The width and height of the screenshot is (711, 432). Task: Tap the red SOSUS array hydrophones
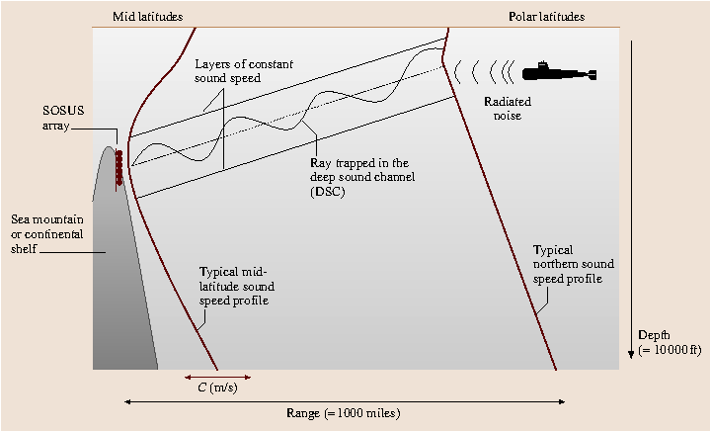click(119, 167)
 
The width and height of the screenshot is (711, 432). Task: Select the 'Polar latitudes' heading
click(546, 17)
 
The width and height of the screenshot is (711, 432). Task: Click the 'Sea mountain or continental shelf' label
click(46, 234)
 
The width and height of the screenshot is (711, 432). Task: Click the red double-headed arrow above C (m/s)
click(217, 376)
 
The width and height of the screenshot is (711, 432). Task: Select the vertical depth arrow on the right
click(632, 198)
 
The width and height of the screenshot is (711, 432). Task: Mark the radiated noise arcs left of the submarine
click(484, 71)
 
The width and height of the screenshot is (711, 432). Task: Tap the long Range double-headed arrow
click(345, 401)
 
